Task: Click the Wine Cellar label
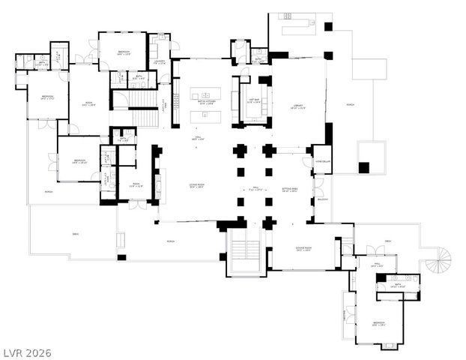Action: tap(322, 161)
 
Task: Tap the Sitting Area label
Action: tap(289, 190)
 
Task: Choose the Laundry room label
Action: tap(160, 62)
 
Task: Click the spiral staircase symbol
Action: tap(438, 262)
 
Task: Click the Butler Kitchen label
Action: tap(205, 102)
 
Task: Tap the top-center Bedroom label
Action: tap(123, 52)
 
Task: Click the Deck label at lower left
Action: tap(76, 234)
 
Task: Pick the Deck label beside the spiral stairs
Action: tap(388, 241)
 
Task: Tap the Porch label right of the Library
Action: tap(351, 104)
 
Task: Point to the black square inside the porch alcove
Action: tap(364, 167)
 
